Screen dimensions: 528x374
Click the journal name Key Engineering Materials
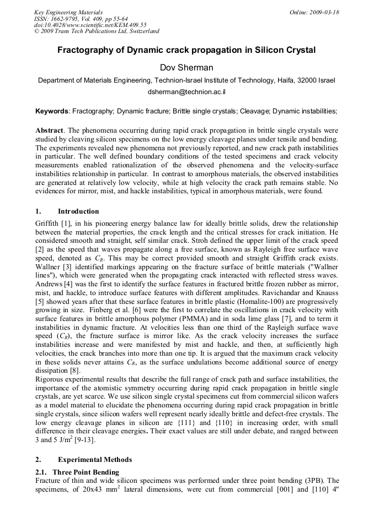coord(68,12)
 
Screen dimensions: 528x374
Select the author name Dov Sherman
coord(186,68)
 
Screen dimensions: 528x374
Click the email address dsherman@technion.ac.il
coord(186,92)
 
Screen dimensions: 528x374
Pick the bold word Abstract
coord(50,130)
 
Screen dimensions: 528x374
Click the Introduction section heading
coord(78,211)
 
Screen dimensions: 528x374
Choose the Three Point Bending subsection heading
coord(86,472)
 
